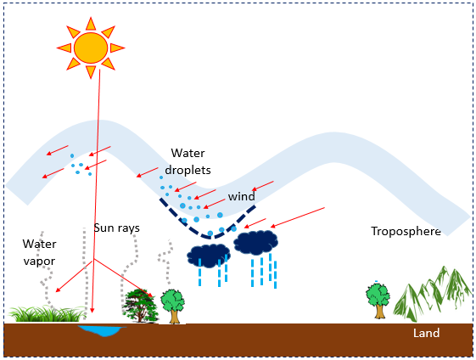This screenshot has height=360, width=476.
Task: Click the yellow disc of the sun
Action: (91, 48)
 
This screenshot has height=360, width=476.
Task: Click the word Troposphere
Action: (406, 231)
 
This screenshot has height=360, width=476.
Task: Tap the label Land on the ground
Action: (426, 333)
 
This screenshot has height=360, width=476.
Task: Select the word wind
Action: (241, 196)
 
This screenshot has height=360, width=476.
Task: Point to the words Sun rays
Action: (117, 228)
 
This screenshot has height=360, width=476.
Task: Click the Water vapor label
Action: (39, 252)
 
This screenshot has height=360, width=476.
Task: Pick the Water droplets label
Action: (188, 161)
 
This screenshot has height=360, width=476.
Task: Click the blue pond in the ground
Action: (101, 330)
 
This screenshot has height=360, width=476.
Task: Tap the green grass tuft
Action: (47, 314)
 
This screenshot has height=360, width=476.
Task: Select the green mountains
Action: (432, 294)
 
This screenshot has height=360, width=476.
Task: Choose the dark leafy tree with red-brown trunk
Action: (141, 306)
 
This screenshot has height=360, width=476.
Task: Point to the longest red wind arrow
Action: (298, 217)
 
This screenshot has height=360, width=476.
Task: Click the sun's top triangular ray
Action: (91, 24)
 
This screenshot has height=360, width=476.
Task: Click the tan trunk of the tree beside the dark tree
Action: (174, 316)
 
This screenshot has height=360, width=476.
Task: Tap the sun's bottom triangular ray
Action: (91, 72)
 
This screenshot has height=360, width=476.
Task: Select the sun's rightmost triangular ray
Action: (117, 48)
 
